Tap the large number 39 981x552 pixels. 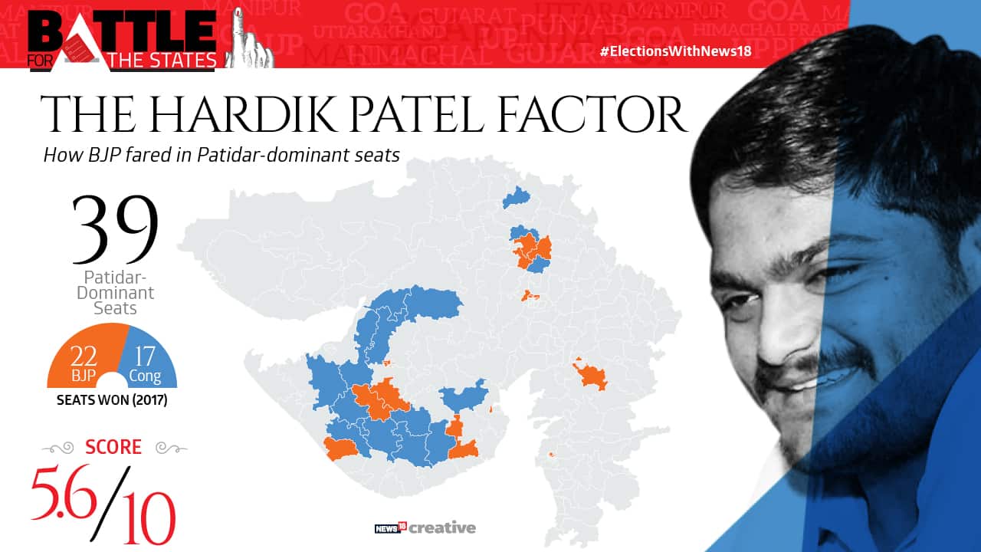tap(115, 229)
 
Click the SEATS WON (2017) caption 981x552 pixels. tap(112, 400)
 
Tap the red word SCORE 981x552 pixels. tap(113, 447)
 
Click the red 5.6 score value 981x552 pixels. tap(64, 491)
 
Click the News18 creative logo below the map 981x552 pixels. tap(425, 527)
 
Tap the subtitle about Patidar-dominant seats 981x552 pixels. tap(221, 155)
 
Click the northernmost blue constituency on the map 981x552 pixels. tap(517, 197)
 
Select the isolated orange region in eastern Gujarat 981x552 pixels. tap(591, 376)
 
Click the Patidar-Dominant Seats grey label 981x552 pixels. tap(115, 292)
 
